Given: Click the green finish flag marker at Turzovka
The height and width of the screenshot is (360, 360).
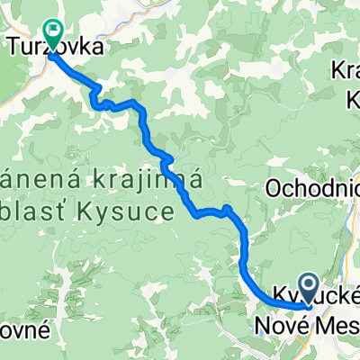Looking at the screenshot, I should click(x=53, y=33).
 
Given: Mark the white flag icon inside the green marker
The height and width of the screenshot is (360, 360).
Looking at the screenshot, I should click(x=53, y=31).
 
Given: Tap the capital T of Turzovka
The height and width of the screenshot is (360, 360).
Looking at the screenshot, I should click(x=14, y=43).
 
